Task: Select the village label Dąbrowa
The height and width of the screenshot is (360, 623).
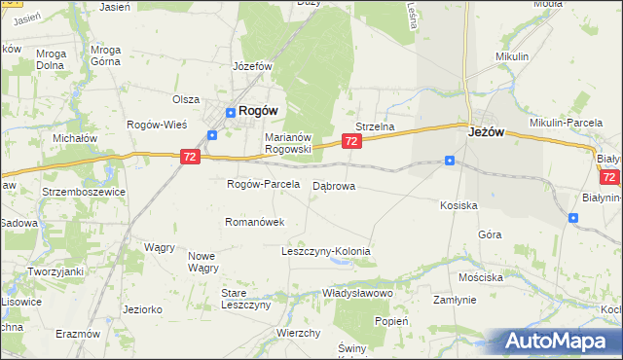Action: click(334, 185)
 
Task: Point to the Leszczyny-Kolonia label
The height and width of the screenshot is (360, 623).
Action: click(325, 251)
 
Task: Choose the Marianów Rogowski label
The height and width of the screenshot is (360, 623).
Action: click(288, 143)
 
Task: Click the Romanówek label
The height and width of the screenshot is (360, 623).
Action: click(254, 222)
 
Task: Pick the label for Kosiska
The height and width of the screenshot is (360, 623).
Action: click(458, 205)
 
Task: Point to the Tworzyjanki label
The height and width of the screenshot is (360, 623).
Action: click(55, 271)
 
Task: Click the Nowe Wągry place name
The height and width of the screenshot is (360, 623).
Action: click(202, 262)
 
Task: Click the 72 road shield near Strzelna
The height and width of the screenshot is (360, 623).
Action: click(352, 142)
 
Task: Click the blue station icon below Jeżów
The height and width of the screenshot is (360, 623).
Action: click(449, 161)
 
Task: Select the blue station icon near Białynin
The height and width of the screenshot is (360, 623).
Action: click(573, 218)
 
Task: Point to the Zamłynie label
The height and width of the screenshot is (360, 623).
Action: click(454, 301)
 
